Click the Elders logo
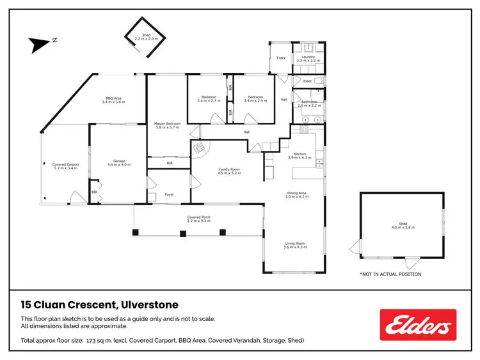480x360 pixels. tap(418, 325)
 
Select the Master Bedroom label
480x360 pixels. tap(167, 125)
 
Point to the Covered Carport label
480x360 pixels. tap(65, 166)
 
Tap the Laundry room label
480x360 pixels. tap(303, 58)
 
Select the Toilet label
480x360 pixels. tap(307, 81)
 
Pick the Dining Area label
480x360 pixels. tap(296, 194)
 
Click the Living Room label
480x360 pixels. tap(295, 245)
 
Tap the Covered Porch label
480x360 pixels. tap(199, 219)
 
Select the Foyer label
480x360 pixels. tap(170, 194)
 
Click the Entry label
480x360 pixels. tap(280, 58)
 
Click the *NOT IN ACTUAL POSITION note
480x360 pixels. tap(390, 274)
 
